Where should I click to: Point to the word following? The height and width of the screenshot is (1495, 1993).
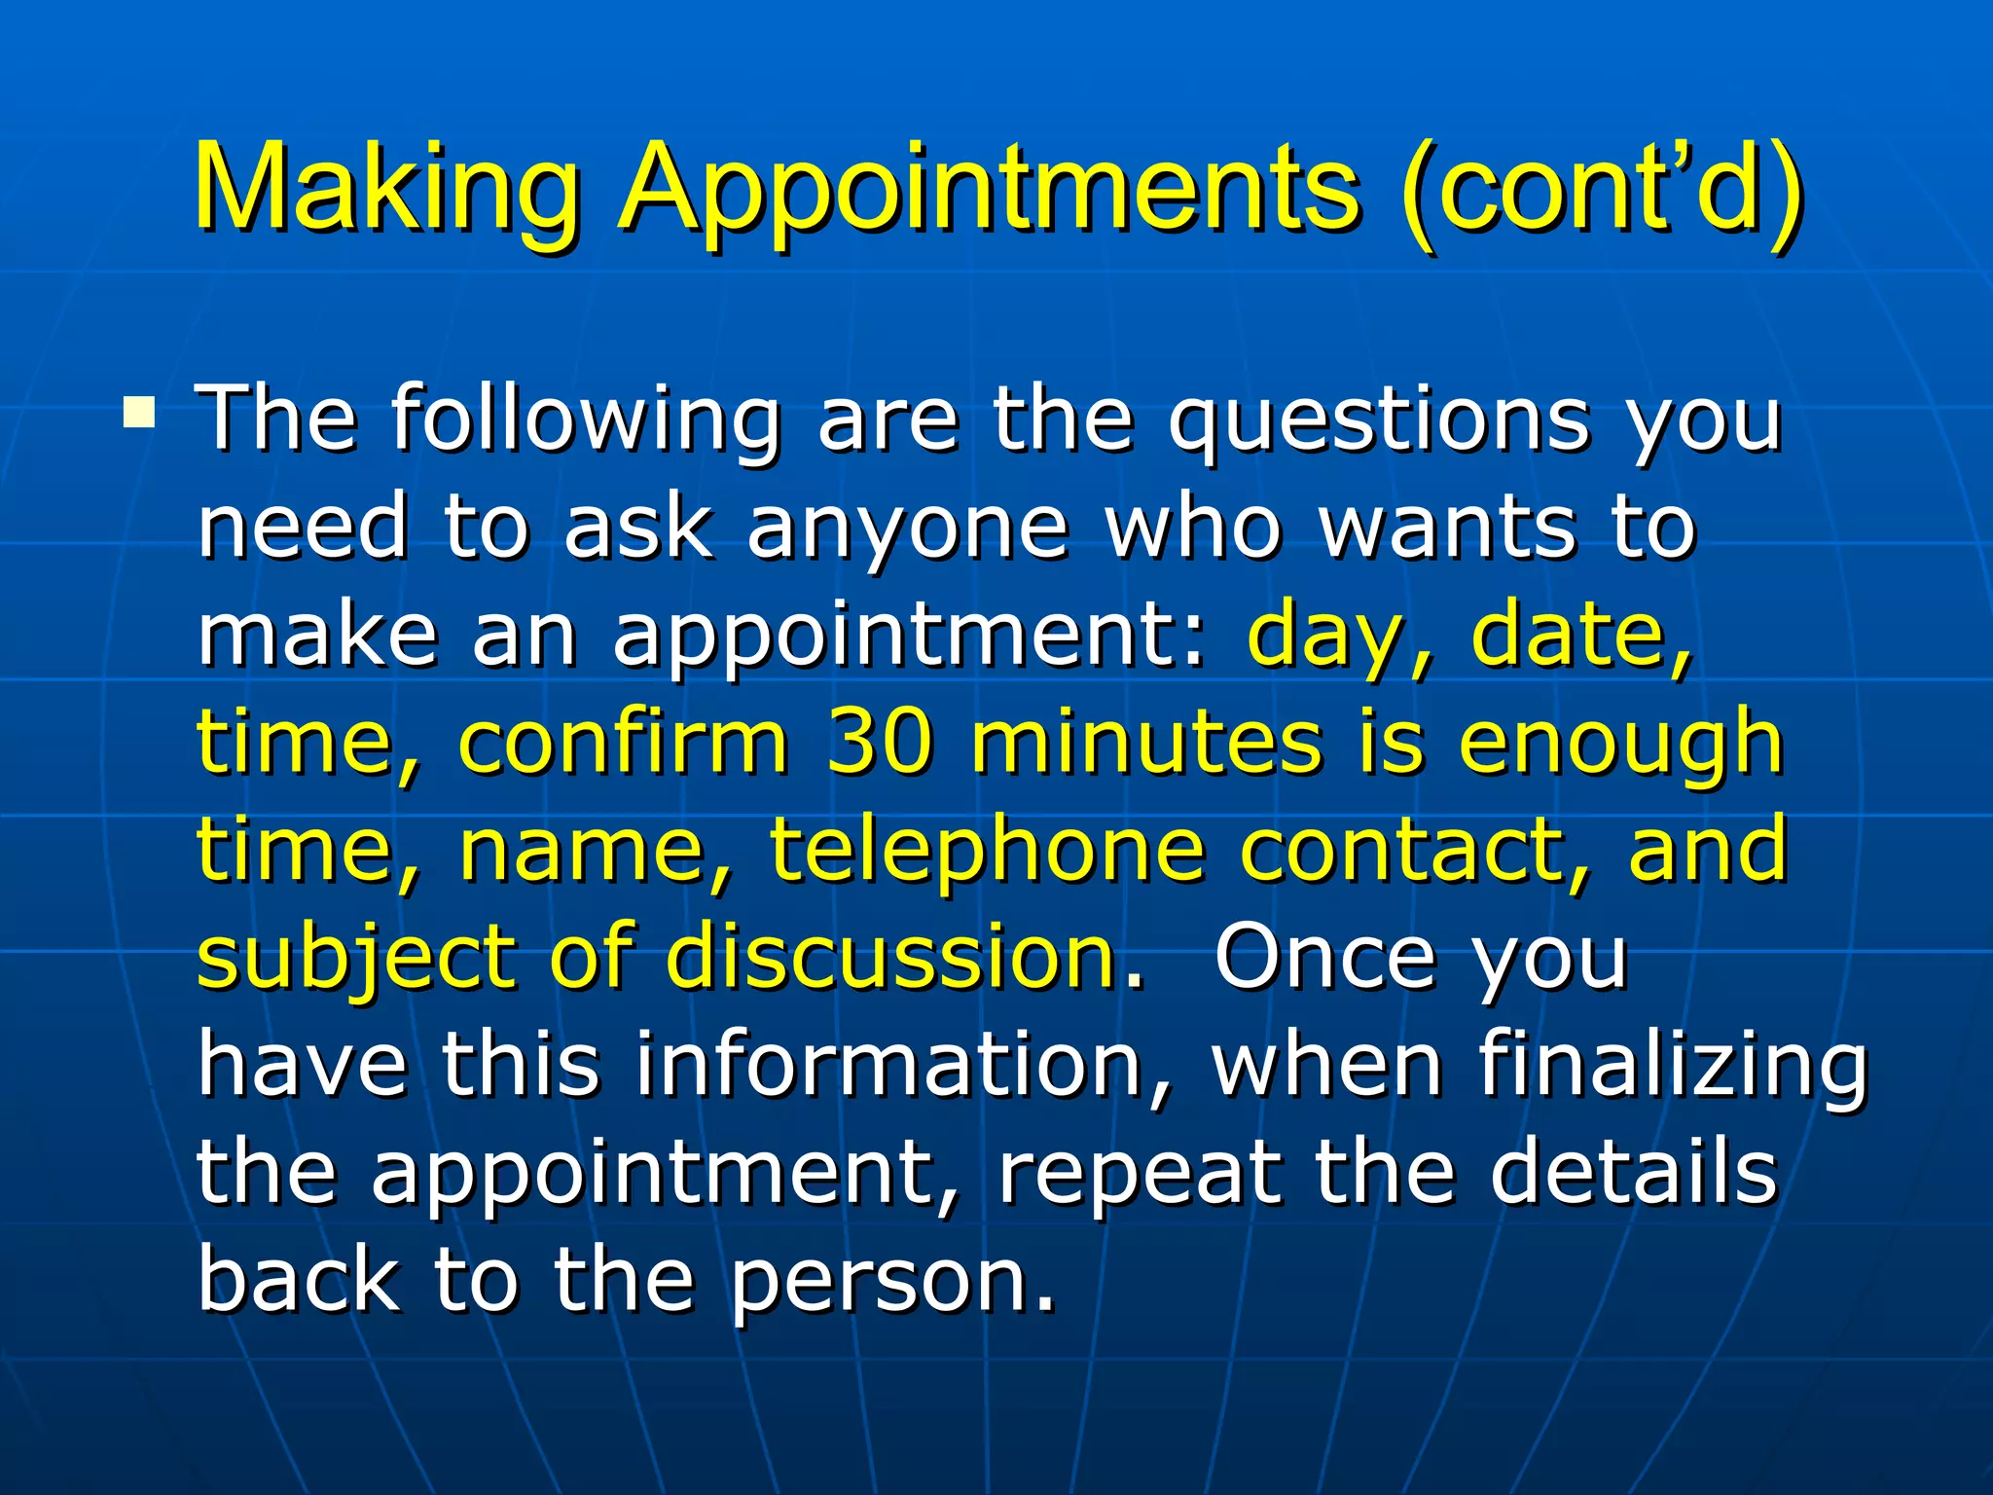click(x=586, y=420)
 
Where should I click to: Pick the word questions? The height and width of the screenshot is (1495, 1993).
click(x=1379, y=420)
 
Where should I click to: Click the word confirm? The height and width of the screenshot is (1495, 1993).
click(x=623, y=742)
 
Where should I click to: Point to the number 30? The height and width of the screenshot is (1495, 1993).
click(x=879, y=742)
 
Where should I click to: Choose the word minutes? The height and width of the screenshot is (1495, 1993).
click(x=1146, y=742)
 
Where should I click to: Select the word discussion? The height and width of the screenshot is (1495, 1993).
click(x=890, y=957)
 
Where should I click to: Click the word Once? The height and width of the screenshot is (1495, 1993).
click(x=1323, y=957)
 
